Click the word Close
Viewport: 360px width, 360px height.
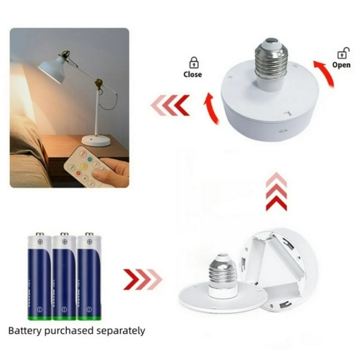(192, 74)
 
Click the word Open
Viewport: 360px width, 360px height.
(341, 65)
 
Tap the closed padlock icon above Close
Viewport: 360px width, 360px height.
(194, 63)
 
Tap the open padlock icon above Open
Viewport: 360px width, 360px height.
(343, 53)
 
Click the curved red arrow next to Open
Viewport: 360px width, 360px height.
(326, 73)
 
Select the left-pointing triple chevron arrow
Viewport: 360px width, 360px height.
(170, 105)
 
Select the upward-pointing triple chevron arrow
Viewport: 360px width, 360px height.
(276, 192)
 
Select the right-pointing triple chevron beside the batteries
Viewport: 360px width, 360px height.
(143, 279)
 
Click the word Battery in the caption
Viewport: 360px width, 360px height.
(25, 331)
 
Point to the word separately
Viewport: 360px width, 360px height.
(121, 331)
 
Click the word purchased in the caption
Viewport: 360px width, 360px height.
(69, 331)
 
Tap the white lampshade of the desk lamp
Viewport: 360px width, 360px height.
(53, 68)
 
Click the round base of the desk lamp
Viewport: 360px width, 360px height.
(96, 140)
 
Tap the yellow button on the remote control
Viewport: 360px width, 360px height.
(84, 166)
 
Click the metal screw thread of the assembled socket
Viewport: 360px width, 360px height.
(271, 60)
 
